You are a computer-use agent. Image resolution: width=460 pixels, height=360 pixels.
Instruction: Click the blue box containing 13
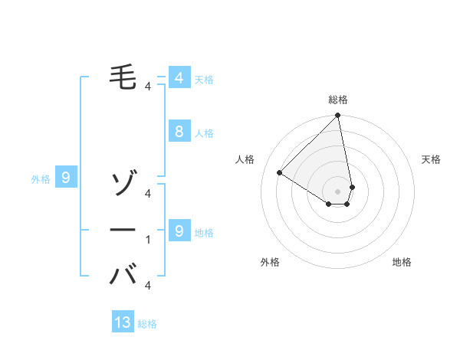point(123,322)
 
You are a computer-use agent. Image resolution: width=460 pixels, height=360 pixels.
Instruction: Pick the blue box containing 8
point(179,131)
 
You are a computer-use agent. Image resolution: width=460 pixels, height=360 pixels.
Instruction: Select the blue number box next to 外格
point(66,178)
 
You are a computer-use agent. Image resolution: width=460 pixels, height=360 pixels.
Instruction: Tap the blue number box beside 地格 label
point(179,231)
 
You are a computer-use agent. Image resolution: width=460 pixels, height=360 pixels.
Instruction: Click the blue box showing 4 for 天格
point(179,77)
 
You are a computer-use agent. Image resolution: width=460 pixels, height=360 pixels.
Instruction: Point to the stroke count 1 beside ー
point(148,240)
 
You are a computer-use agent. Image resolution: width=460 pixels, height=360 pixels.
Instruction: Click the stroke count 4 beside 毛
point(148,87)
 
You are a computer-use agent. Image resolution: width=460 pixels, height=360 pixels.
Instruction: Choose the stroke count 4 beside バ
point(148,286)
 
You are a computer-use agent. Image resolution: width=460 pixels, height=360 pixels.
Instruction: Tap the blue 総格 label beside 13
point(147,324)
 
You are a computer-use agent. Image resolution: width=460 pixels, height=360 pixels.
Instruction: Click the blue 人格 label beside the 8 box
point(204,133)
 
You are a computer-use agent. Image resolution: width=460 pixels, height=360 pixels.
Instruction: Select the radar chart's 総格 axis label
point(338,100)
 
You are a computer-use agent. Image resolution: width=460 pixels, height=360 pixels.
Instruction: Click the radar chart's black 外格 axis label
point(270,262)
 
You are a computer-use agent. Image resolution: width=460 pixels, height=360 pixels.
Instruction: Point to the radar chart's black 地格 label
point(402,262)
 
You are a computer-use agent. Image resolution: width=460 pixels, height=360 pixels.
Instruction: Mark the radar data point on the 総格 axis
point(338,116)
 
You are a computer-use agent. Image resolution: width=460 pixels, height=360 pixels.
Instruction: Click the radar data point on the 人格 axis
point(280,172)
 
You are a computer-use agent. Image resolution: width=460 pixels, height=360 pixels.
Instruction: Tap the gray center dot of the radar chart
point(338,191)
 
